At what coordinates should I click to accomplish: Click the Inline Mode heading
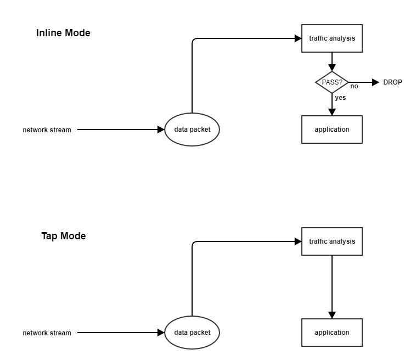click(x=63, y=33)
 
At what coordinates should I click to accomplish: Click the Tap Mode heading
click(x=63, y=236)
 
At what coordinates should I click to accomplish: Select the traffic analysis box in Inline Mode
click(x=331, y=38)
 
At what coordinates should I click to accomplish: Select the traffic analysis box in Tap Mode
click(x=331, y=241)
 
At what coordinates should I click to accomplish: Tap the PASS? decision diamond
click(x=331, y=82)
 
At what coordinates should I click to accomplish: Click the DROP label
click(x=392, y=82)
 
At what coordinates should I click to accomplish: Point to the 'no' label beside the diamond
click(x=354, y=87)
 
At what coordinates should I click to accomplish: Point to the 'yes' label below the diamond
click(x=340, y=98)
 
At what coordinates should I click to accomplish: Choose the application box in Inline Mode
click(x=331, y=130)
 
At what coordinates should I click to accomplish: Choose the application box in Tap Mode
click(x=331, y=333)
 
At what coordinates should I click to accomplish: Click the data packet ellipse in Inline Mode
click(x=192, y=130)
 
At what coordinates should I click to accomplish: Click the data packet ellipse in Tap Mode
click(x=192, y=333)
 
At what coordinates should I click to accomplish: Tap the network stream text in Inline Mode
click(x=47, y=130)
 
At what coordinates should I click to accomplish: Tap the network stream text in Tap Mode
click(x=47, y=333)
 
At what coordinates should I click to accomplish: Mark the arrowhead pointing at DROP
click(x=375, y=82)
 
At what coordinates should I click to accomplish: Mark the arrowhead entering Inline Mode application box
click(x=331, y=112)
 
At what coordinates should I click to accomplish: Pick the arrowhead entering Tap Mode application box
click(x=331, y=315)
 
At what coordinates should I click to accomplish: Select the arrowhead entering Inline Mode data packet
click(x=161, y=130)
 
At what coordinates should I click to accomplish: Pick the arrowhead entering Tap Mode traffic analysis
click(x=298, y=241)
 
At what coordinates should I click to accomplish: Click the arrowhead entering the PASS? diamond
click(x=331, y=67)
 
